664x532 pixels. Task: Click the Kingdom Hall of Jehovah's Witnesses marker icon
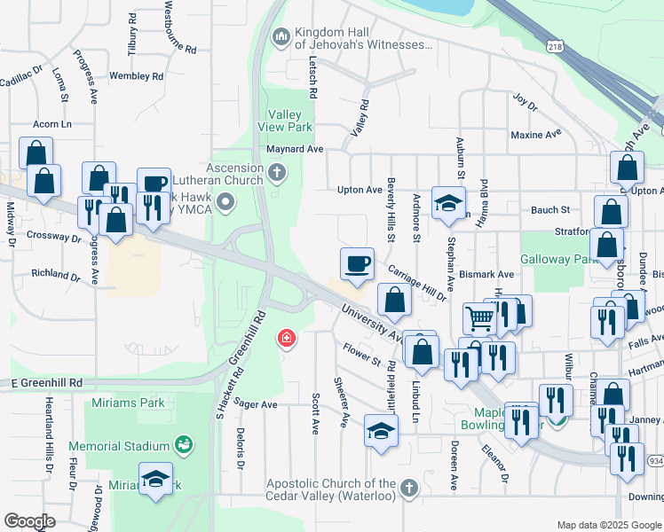(x=281, y=35)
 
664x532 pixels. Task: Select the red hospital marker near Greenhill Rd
(x=286, y=338)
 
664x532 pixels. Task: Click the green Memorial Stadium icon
(x=183, y=444)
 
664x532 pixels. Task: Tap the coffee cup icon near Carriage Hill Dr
(x=357, y=263)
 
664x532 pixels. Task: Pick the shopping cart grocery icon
(x=479, y=317)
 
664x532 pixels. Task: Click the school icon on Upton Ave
(x=448, y=202)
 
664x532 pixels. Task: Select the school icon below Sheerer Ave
(x=382, y=432)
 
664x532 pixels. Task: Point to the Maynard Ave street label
(x=295, y=149)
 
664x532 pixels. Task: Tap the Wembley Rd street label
(x=136, y=76)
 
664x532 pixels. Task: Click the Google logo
(x=29, y=521)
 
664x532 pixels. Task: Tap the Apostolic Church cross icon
(x=407, y=489)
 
